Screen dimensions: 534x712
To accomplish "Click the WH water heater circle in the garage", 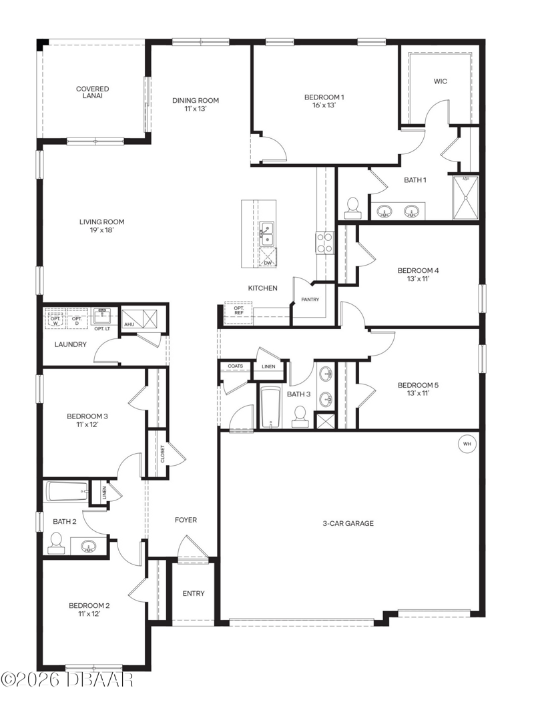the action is (x=467, y=444).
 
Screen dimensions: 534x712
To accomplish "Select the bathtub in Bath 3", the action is (x=270, y=407).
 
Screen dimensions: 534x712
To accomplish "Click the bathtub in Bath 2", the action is (x=67, y=492).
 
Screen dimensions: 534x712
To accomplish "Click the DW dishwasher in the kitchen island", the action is (x=268, y=258).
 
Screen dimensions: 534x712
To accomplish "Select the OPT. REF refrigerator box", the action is (x=238, y=312).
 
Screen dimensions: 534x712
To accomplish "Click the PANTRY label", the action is (x=310, y=299).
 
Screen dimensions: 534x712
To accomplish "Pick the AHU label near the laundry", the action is (x=129, y=325).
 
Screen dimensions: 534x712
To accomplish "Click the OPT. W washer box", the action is (x=55, y=320).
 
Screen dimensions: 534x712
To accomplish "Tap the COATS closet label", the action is (x=235, y=366).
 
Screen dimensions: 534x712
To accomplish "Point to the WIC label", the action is (x=440, y=81).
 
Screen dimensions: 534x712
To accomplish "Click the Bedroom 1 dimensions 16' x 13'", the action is (x=324, y=105).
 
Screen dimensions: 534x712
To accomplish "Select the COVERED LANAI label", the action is (x=93, y=92).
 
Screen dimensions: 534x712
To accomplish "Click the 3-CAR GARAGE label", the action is (x=348, y=523).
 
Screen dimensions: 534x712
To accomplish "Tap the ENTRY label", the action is (x=194, y=593).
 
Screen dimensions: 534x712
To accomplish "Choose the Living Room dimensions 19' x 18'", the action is (x=101, y=230).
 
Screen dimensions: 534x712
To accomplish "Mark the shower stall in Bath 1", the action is (x=465, y=198).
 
